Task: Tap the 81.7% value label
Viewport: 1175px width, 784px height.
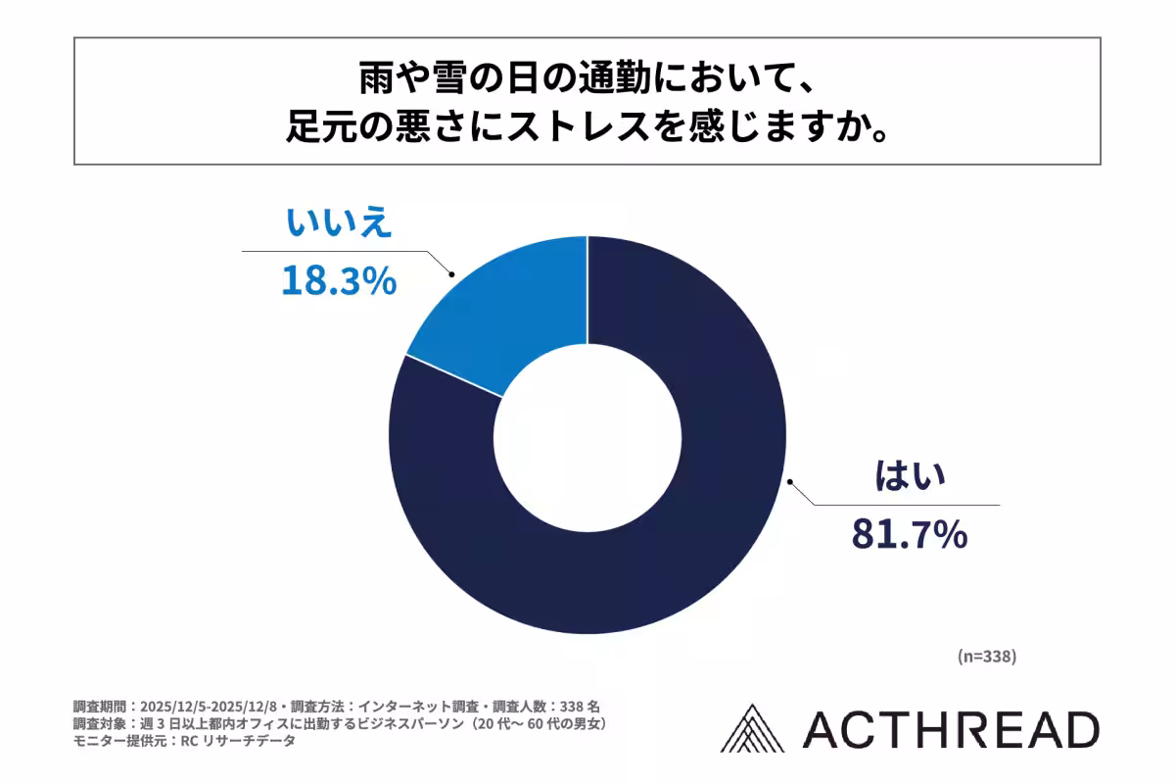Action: (909, 535)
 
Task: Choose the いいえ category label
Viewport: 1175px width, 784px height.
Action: (339, 223)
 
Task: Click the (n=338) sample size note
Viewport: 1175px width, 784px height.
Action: (986, 657)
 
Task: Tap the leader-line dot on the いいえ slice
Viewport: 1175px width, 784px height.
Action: (450, 275)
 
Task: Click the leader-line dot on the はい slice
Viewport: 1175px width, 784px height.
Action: (790, 481)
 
